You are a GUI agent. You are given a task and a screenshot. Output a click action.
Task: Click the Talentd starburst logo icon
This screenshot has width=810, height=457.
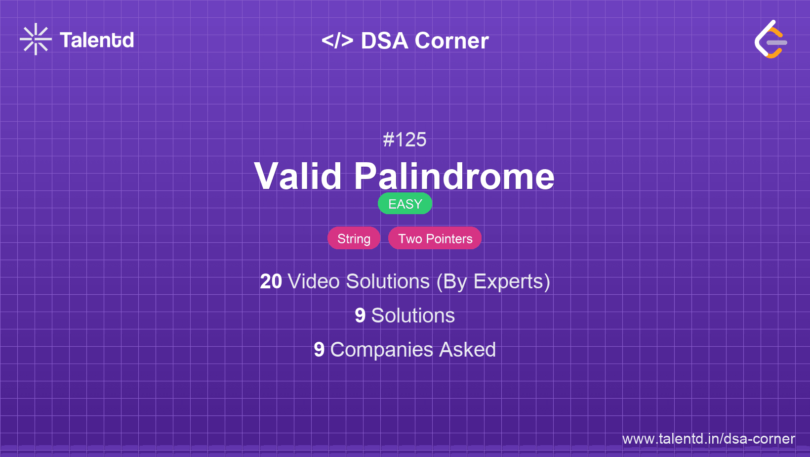[x=36, y=39]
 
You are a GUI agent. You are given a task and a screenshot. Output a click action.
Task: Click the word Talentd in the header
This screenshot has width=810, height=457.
[x=97, y=40]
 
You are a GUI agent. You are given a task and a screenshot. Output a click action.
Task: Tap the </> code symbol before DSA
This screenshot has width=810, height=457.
[x=337, y=41]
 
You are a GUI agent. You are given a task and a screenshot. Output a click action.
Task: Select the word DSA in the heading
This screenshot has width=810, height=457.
[x=384, y=41]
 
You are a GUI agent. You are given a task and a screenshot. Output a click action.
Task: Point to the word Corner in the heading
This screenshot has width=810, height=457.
[x=451, y=41]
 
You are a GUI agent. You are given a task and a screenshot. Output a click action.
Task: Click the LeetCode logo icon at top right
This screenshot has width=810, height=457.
[x=770, y=40]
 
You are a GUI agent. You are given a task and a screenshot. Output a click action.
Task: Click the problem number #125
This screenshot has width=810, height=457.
[x=405, y=139]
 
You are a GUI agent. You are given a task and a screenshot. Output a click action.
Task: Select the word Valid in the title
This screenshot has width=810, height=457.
[x=298, y=176]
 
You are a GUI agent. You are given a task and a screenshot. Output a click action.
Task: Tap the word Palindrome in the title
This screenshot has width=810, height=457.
[x=454, y=176]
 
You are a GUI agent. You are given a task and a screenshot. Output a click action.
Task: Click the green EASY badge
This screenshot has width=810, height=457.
[x=405, y=204]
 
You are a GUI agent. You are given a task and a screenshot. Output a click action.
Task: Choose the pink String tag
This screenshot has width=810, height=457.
[x=354, y=238]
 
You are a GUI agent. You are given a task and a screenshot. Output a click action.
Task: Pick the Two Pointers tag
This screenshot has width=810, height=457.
[x=435, y=238]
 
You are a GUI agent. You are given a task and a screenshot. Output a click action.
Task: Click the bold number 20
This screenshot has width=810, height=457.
[x=271, y=281]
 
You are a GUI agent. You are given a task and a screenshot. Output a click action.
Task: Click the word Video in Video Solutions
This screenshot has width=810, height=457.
[x=314, y=281]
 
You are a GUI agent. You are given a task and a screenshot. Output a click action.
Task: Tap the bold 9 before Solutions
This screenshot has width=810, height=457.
[x=360, y=316]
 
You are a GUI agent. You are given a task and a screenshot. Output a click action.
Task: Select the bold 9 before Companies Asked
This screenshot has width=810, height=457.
[x=319, y=350]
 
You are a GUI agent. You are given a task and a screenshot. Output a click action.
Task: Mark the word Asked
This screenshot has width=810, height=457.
[x=467, y=350]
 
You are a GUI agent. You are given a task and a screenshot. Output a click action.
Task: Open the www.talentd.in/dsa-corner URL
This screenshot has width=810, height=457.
[x=708, y=439]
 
